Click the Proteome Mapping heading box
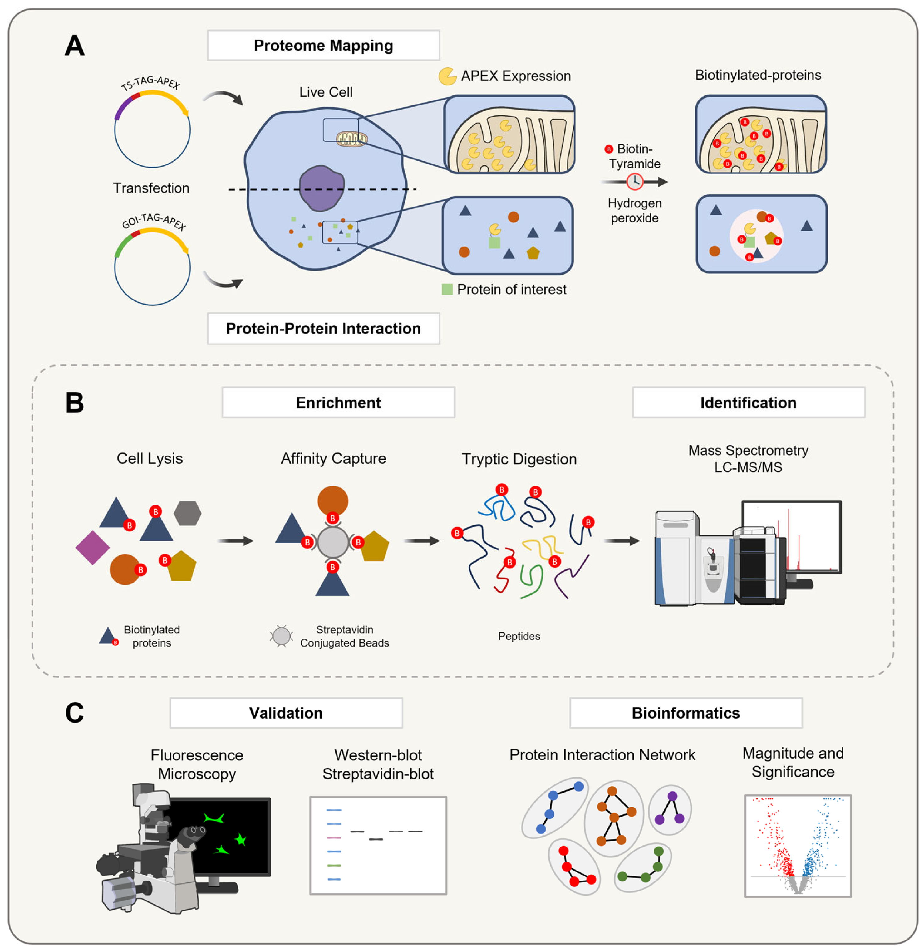click(x=323, y=45)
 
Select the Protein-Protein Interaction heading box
click(x=323, y=328)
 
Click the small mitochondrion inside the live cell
click(x=352, y=139)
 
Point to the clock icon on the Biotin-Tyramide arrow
click(x=634, y=182)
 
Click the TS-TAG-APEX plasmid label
click(x=150, y=83)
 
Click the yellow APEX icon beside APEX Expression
click(x=447, y=76)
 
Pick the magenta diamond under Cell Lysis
click(x=92, y=547)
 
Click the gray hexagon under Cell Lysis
click(x=188, y=513)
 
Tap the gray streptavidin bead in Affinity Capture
click(x=333, y=542)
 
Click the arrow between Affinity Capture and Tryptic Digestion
click(x=421, y=541)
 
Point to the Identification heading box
click(x=748, y=402)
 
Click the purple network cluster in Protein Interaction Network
click(x=670, y=810)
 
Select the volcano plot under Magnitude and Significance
click(x=798, y=846)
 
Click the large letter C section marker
click(x=74, y=713)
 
